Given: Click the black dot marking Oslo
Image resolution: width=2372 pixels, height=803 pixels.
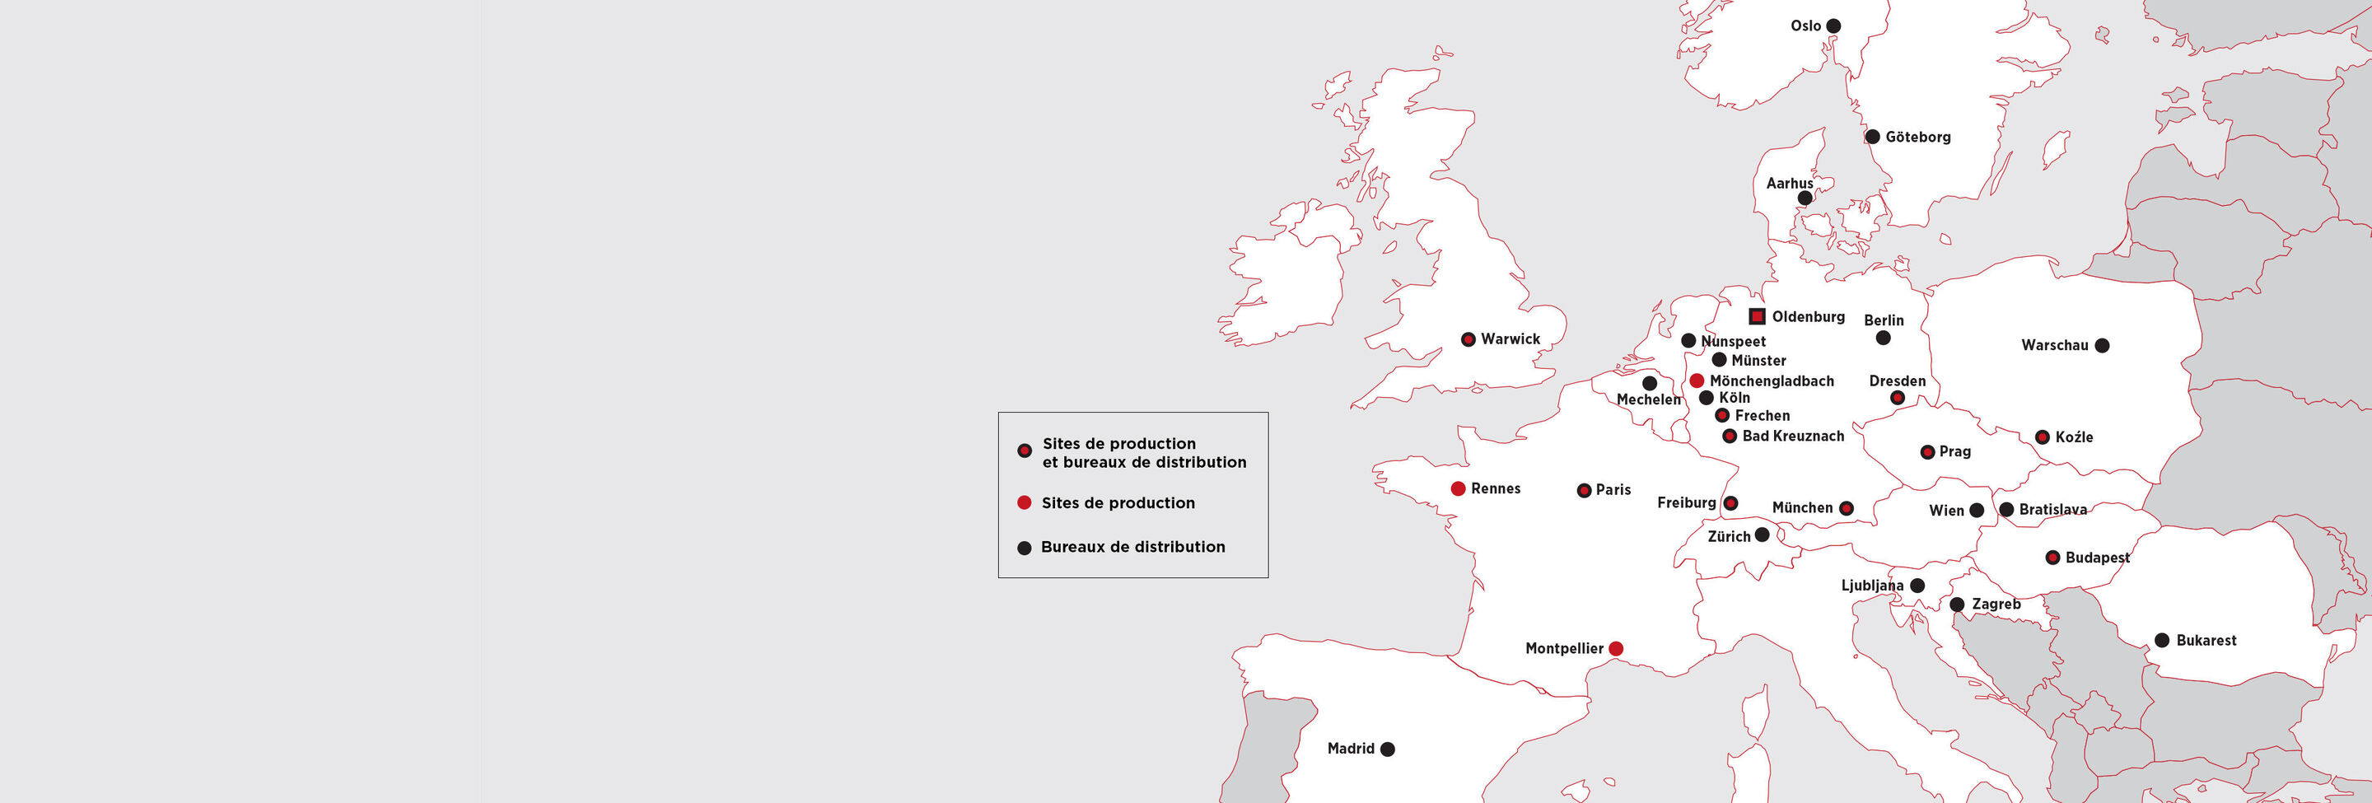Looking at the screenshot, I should pyautogui.click(x=1833, y=26).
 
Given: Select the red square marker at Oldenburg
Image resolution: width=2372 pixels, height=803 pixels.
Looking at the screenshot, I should pyautogui.click(x=1757, y=317).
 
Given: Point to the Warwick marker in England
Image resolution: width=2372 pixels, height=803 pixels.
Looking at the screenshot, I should pyautogui.click(x=1468, y=338).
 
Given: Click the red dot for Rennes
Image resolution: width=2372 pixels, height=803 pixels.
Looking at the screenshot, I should pyautogui.click(x=1458, y=489).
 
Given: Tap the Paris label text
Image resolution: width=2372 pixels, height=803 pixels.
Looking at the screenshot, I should pyautogui.click(x=1613, y=490).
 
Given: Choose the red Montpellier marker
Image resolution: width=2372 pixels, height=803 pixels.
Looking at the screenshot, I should pyautogui.click(x=1615, y=648).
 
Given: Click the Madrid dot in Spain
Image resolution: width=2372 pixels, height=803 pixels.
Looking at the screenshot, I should pyautogui.click(x=1388, y=749).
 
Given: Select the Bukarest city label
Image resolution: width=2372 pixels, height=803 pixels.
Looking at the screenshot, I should pyautogui.click(x=2206, y=641).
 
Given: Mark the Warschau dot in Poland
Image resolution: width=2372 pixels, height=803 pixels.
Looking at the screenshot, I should pyautogui.click(x=2102, y=345).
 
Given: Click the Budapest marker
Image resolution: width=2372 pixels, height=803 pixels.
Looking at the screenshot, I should pyautogui.click(x=2052, y=557).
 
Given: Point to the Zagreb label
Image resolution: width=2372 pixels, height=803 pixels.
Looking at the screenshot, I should pyautogui.click(x=1996, y=604).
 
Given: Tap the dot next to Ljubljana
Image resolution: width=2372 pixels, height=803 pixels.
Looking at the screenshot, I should pyautogui.click(x=1917, y=586).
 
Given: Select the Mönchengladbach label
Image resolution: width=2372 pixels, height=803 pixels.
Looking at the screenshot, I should pyautogui.click(x=1772, y=381).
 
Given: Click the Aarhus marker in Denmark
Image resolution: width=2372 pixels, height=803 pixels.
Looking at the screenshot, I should pyautogui.click(x=1805, y=198).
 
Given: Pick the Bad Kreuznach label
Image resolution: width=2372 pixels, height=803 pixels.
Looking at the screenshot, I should pyautogui.click(x=1793, y=437).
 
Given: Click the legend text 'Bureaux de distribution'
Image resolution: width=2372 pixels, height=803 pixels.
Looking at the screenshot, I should pyautogui.click(x=1132, y=547).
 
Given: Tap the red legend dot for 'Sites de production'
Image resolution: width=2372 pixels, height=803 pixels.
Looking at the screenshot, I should pyautogui.click(x=1024, y=502).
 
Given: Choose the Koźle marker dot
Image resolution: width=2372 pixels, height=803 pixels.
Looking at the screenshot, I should pyautogui.click(x=2043, y=437).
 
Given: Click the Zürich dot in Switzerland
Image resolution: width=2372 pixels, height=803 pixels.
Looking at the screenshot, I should pyautogui.click(x=1762, y=535).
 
